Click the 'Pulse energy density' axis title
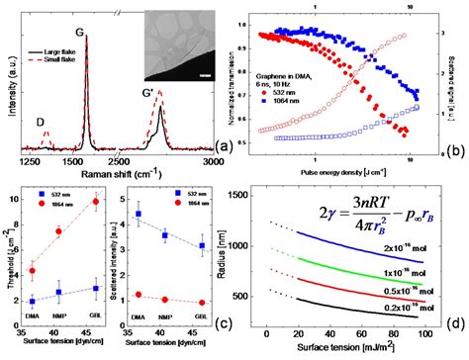pyautogui.click(x=344, y=173)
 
